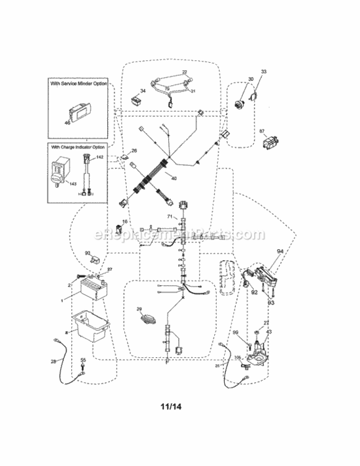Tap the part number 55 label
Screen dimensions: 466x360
pyautogui.click(x=83, y=360)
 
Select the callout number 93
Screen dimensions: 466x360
pyautogui.click(x=271, y=302)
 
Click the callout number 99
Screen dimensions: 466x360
pyautogui.click(x=235, y=334)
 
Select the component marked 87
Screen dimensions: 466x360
pyautogui.click(x=269, y=142)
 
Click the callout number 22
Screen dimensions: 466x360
pyautogui.click(x=184, y=72)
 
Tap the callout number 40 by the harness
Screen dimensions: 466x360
pyautogui.click(x=173, y=179)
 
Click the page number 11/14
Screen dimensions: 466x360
pyautogui.click(x=172, y=408)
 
